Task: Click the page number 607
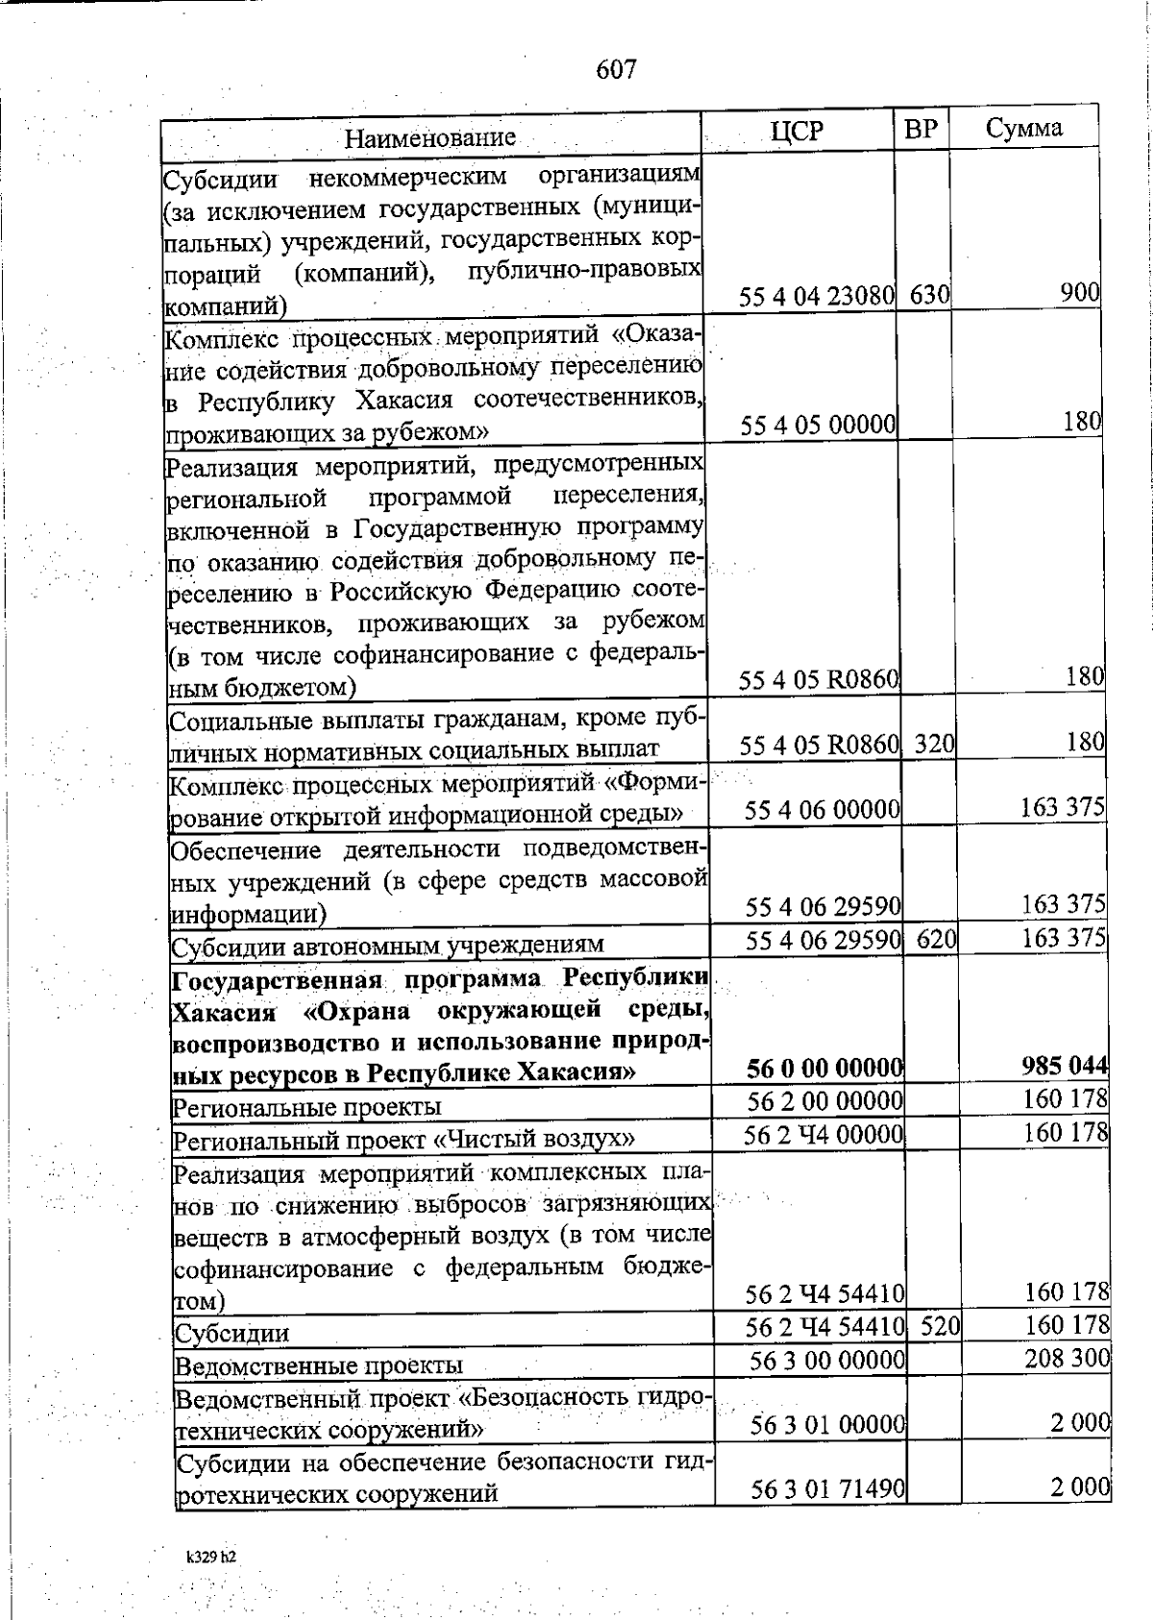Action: click(x=616, y=69)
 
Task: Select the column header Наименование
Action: click(x=429, y=137)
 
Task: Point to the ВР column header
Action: click(x=920, y=129)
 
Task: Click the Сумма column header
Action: click(x=1023, y=129)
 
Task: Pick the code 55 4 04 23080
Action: click(x=818, y=295)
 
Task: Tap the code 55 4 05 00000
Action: click(x=819, y=424)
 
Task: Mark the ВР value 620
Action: click(x=936, y=939)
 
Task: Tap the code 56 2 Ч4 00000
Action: click(x=824, y=1135)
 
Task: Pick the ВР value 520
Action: click(x=940, y=1328)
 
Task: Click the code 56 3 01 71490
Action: click(x=828, y=1488)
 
